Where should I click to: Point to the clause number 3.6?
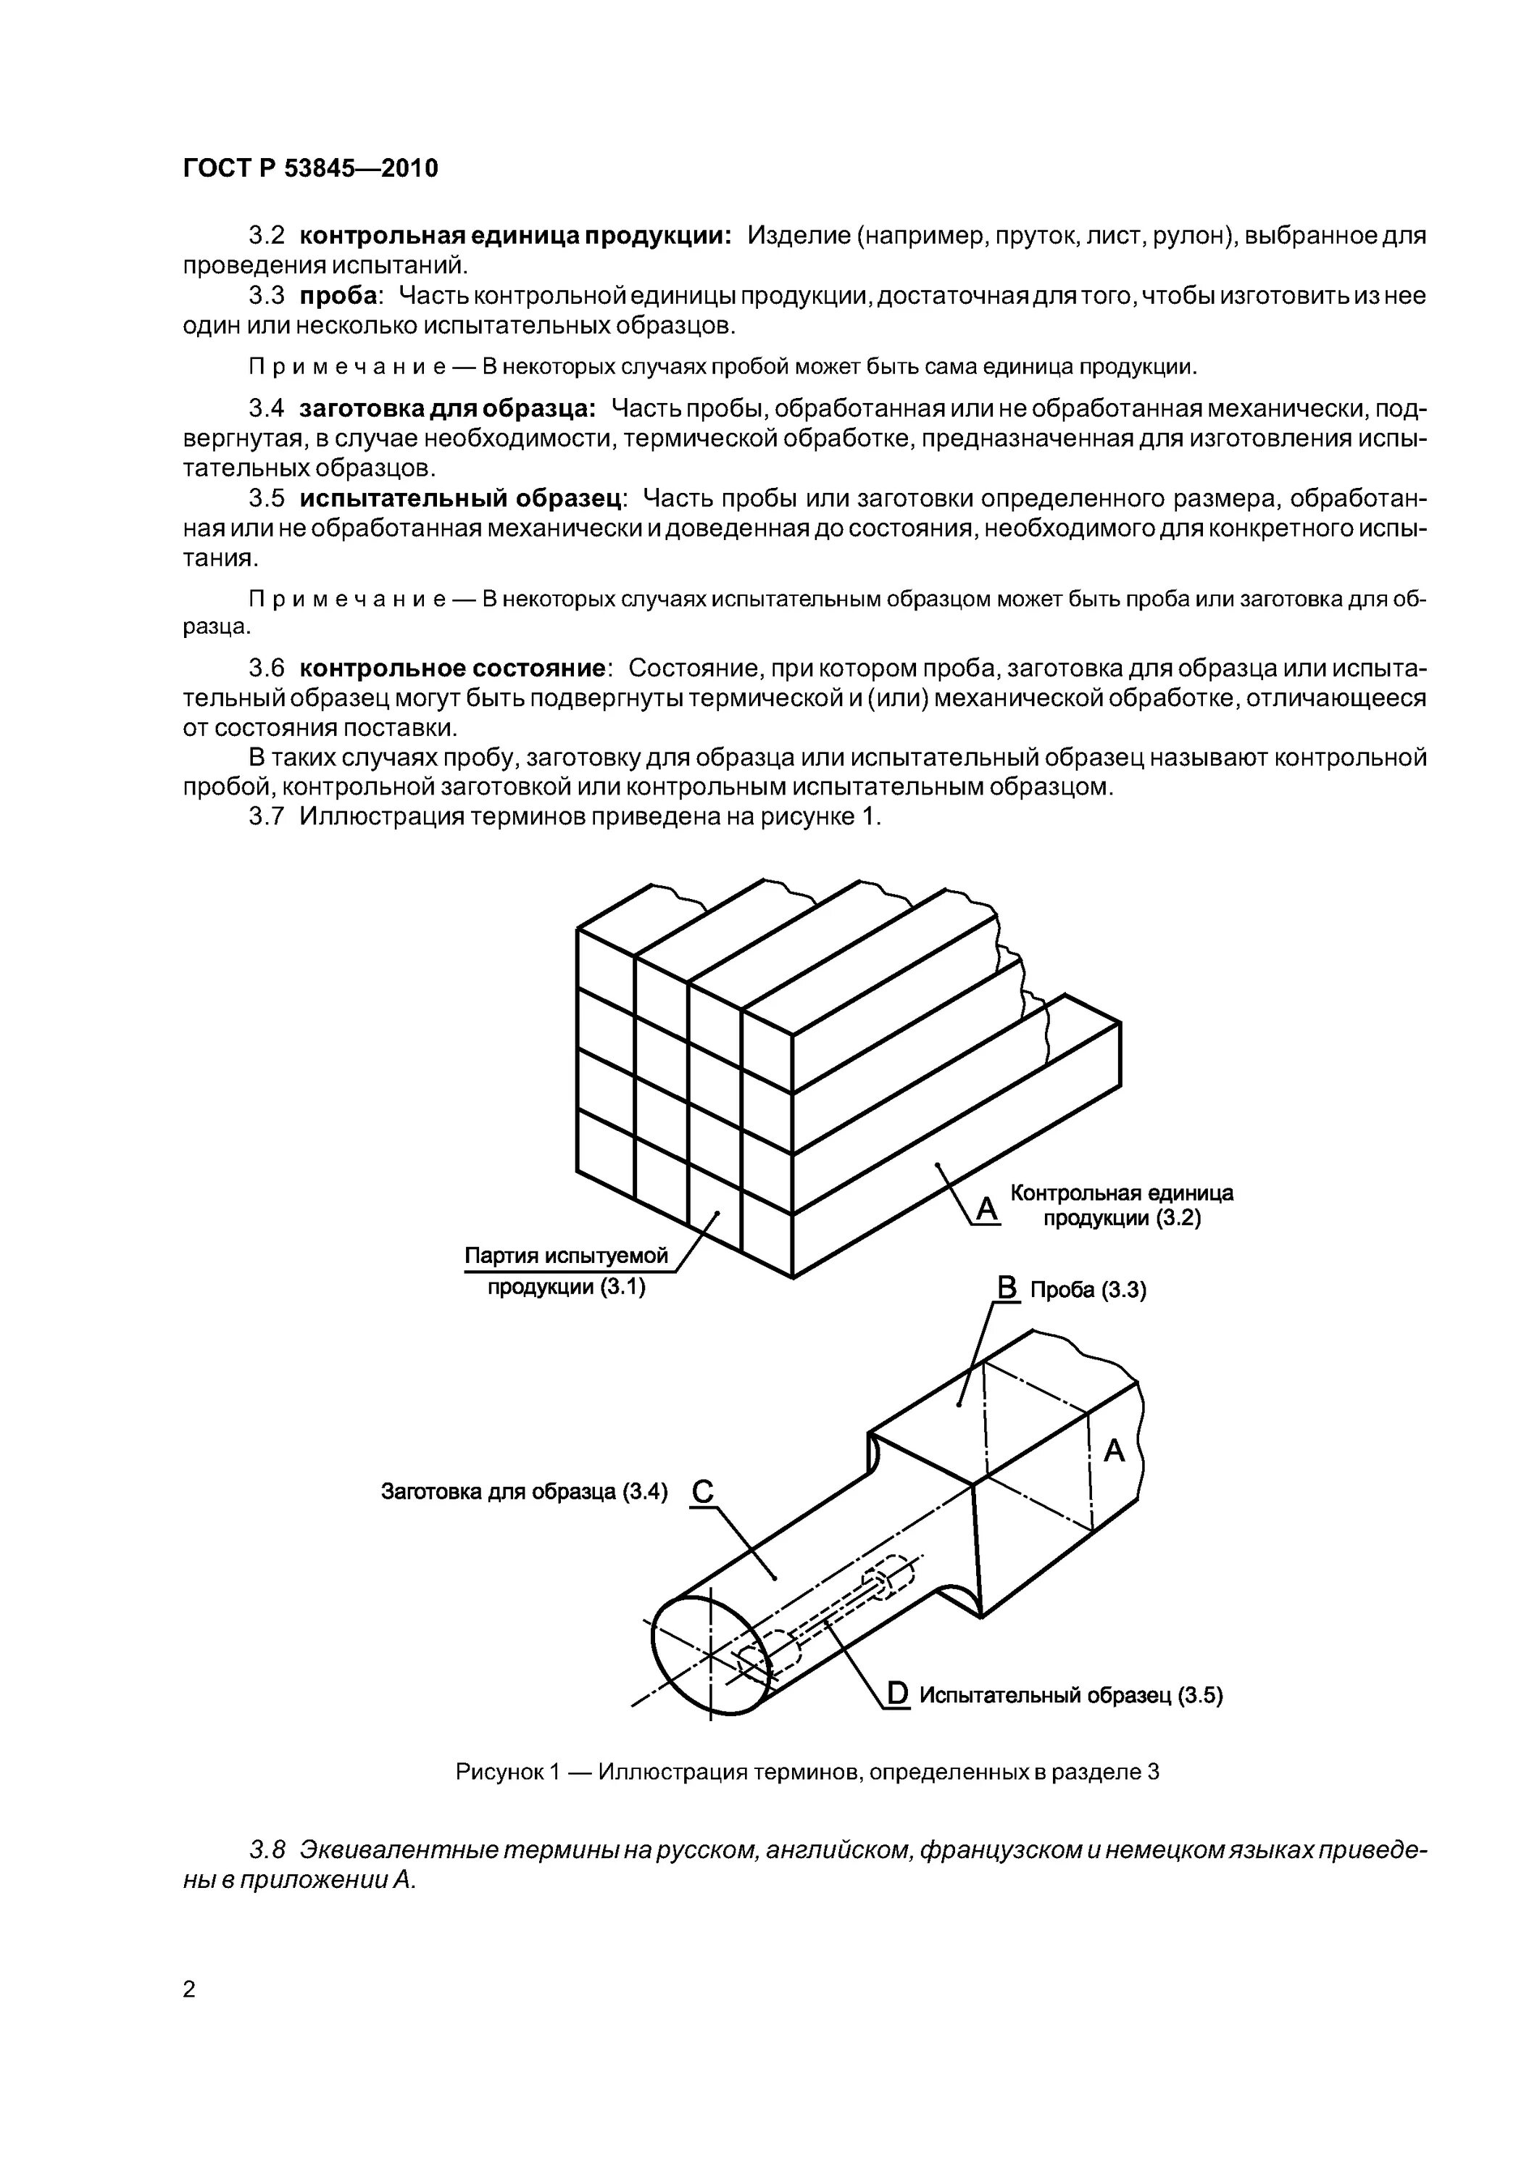(x=266, y=668)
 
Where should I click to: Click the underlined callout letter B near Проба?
(x=1007, y=1288)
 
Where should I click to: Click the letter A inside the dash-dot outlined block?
(x=1114, y=1450)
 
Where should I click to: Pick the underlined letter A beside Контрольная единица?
(x=987, y=1209)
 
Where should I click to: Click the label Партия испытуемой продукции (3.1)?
(x=566, y=1271)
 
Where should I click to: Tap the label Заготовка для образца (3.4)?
(x=524, y=1492)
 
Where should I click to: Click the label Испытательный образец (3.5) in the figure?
(x=1071, y=1696)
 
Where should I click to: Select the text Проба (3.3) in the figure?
(x=1088, y=1290)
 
